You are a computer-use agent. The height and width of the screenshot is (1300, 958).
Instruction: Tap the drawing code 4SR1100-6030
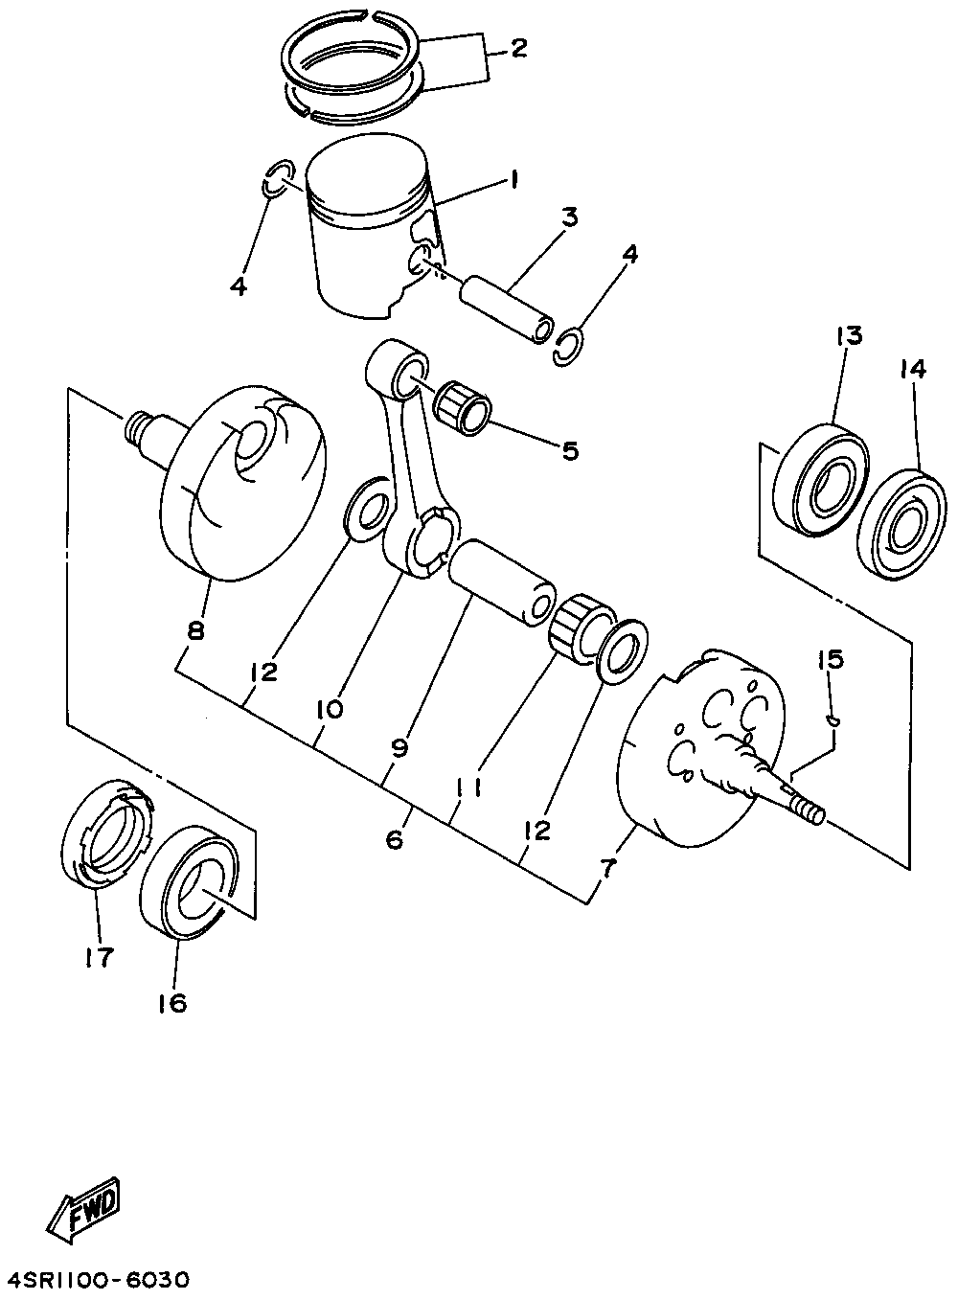coord(100,1280)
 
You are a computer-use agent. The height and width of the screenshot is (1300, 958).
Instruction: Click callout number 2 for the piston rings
coord(518,48)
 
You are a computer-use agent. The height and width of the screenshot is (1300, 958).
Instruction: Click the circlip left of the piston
coord(275,178)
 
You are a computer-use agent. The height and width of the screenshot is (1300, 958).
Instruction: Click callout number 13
coord(849,336)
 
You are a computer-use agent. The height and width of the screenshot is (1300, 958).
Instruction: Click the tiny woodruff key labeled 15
coord(834,718)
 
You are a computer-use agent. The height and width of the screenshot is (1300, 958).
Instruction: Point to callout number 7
coord(610,868)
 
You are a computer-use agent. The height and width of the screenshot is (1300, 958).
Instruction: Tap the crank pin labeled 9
coord(503,584)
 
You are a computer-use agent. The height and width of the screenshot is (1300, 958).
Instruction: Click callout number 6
coord(394,840)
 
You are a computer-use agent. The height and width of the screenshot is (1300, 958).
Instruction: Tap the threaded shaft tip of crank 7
coord(810,810)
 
